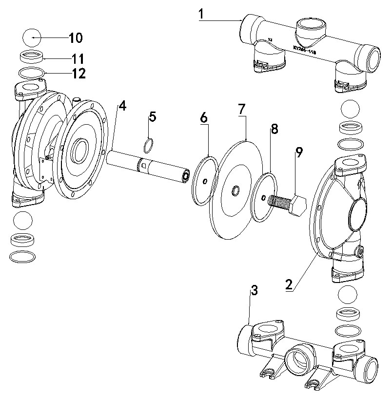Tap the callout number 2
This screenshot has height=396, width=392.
tap(289, 284)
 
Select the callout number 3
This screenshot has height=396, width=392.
tap(254, 291)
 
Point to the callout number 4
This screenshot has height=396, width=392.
tap(122, 105)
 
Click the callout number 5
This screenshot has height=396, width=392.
tap(153, 117)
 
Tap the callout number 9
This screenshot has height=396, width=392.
tap(299, 151)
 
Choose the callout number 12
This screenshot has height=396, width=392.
tap(78, 74)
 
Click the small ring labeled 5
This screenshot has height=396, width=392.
tap(150, 145)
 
